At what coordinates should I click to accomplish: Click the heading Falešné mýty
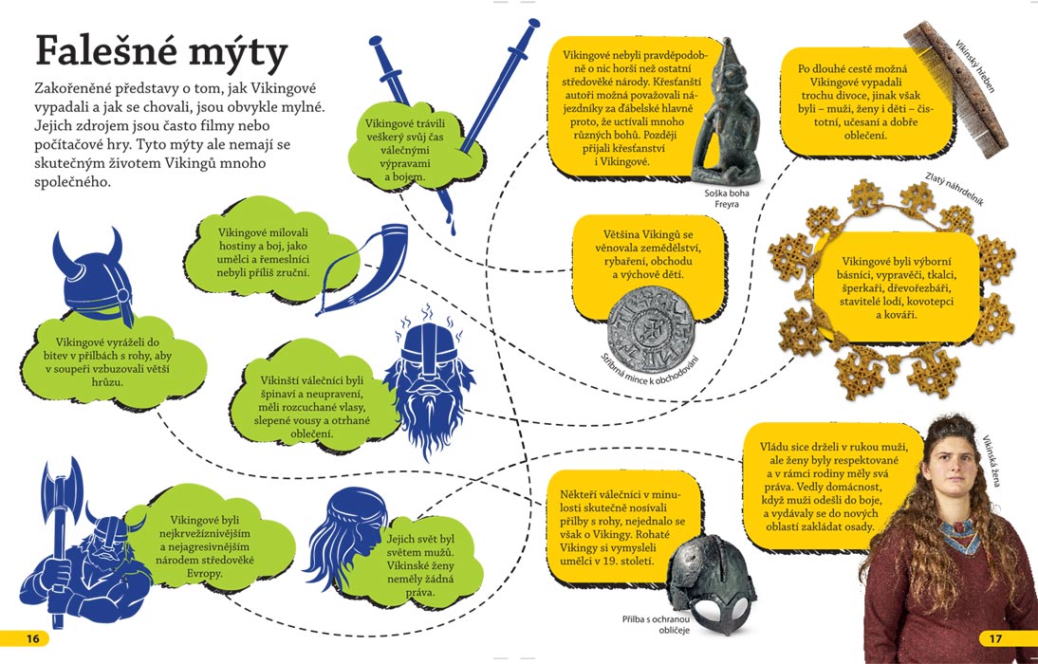point(161,52)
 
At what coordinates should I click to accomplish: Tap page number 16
point(33,638)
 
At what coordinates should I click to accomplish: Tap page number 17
point(995,638)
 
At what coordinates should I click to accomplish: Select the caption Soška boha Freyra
point(726,198)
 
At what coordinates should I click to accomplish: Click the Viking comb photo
point(955,89)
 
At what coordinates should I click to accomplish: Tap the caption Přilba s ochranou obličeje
point(656,624)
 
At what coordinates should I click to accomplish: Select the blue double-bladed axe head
point(63,492)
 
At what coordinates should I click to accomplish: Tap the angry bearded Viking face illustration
point(429,380)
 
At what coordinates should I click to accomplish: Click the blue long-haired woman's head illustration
point(345,534)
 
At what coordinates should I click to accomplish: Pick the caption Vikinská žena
point(991,461)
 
